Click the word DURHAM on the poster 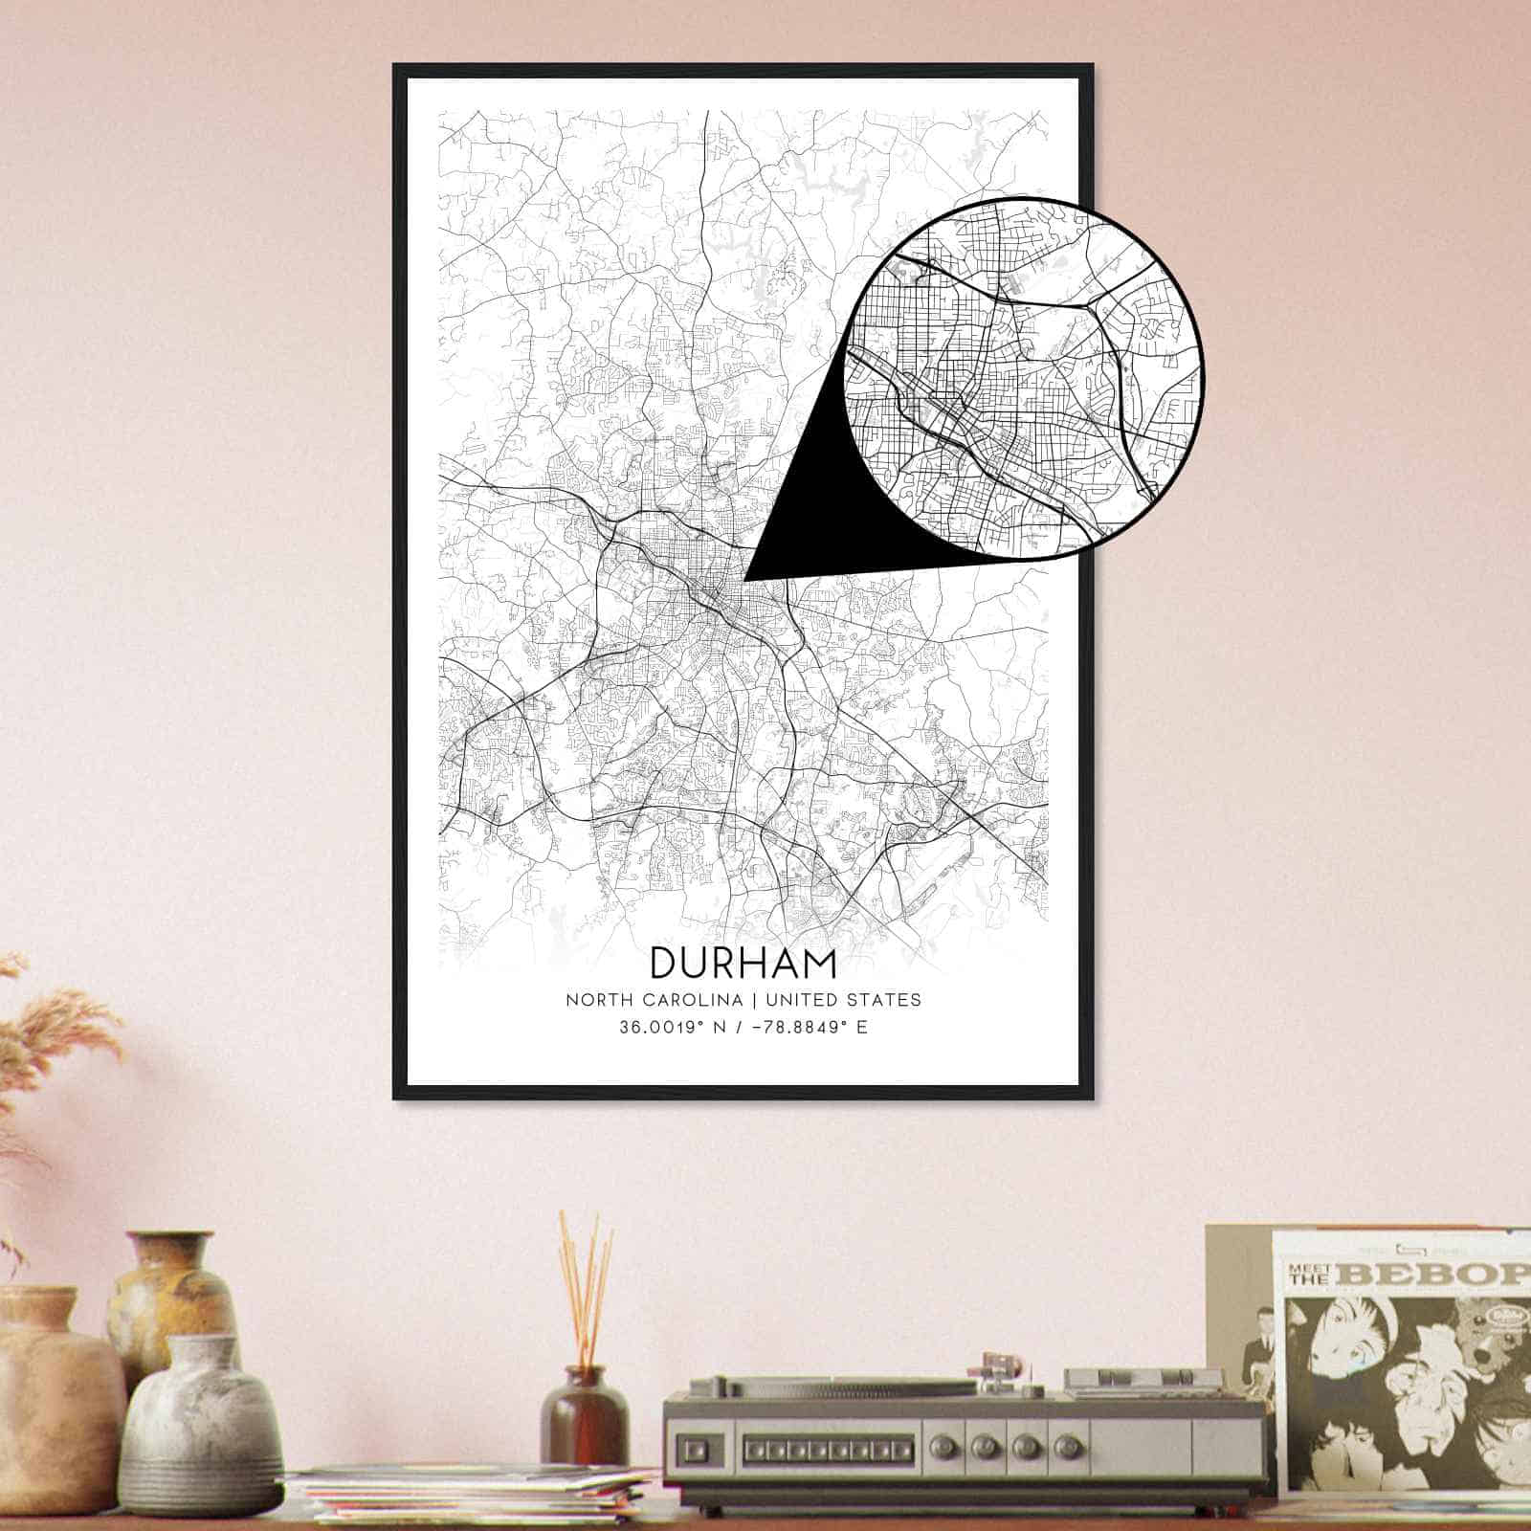click(743, 963)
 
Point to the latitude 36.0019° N click(673, 1030)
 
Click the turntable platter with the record click(823, 1383)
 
